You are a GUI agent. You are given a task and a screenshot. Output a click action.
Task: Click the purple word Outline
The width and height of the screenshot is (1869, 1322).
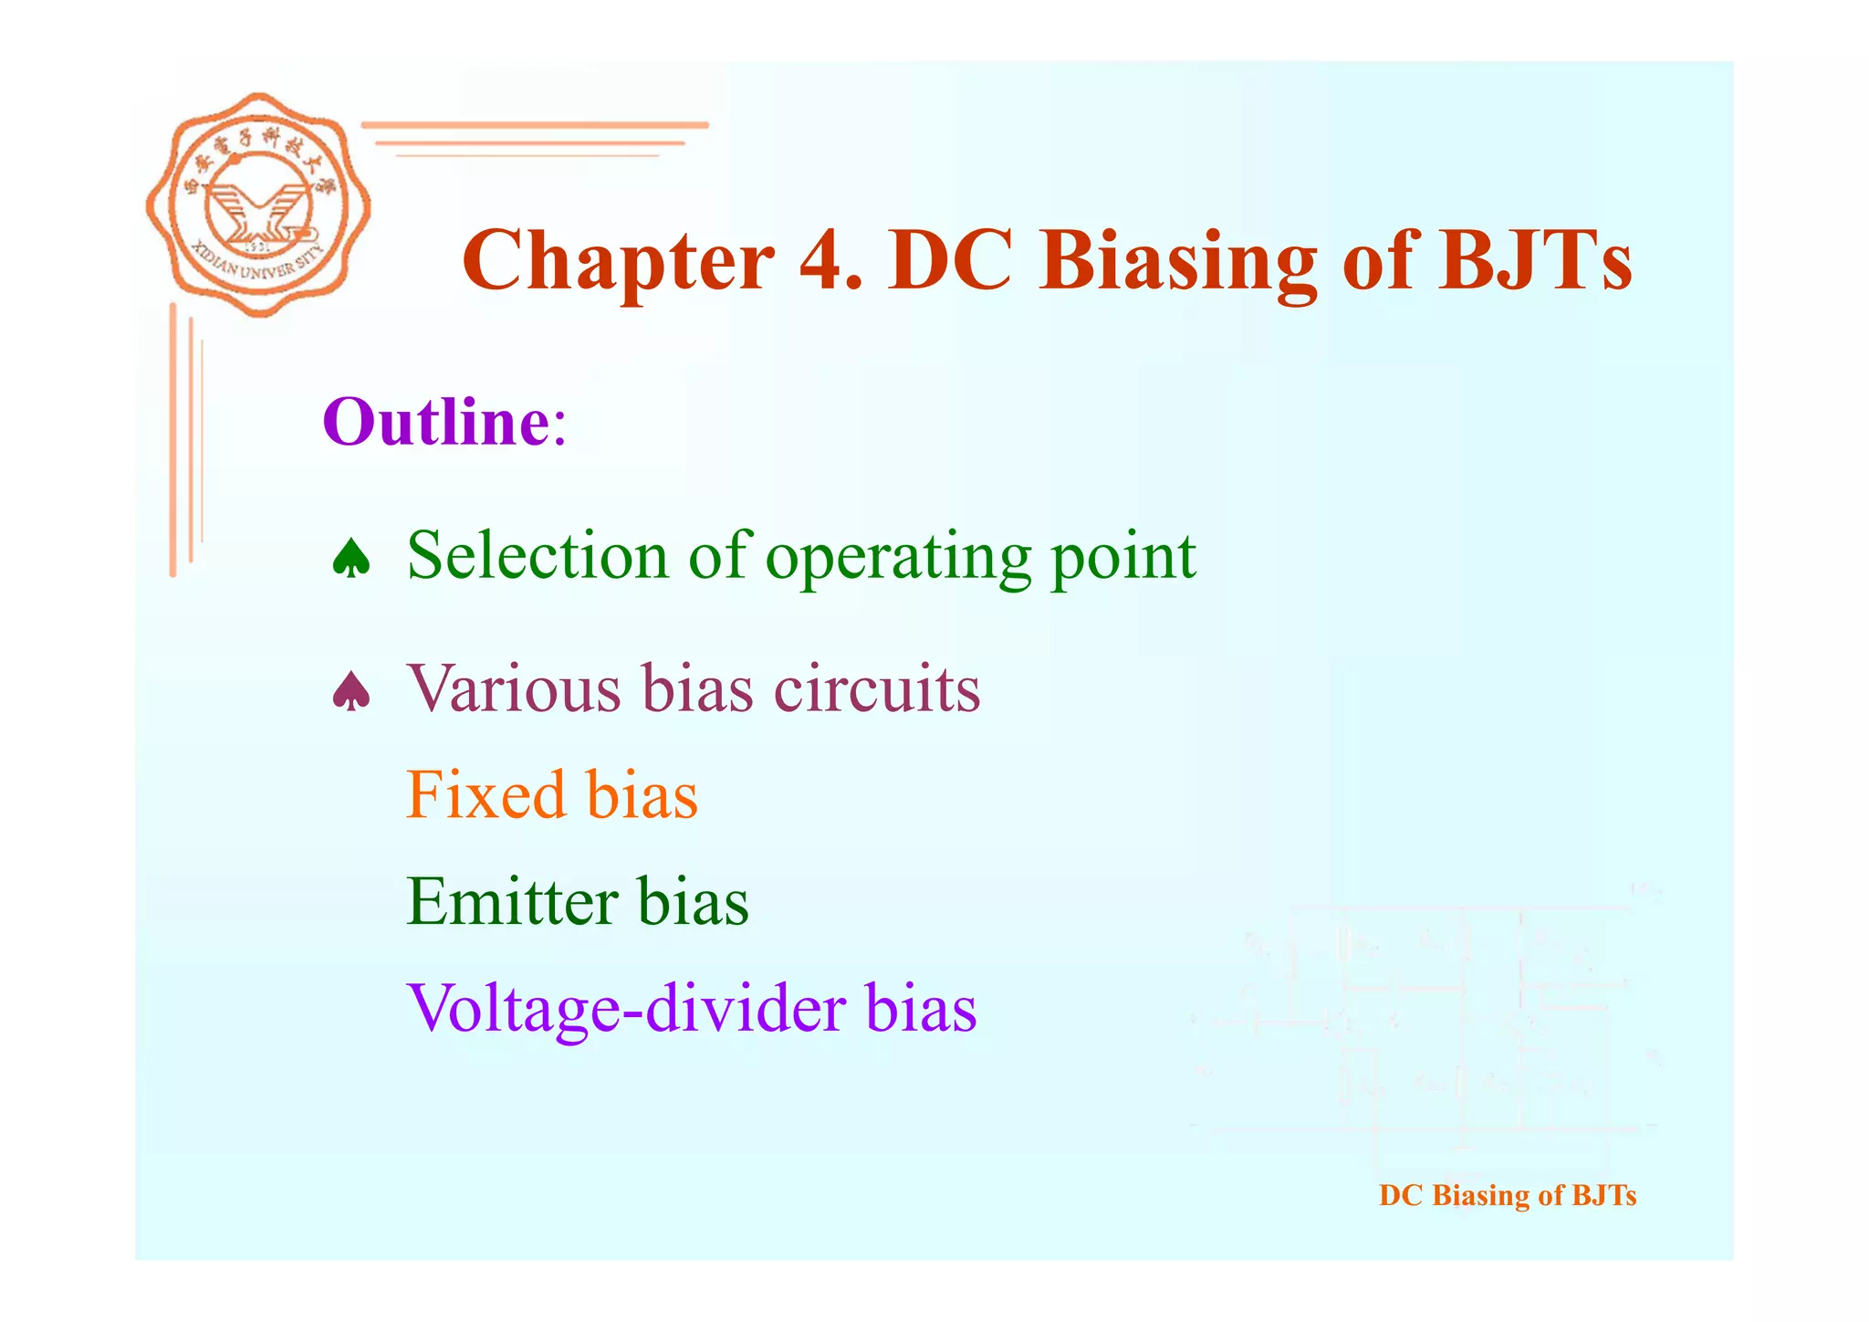[436, 423]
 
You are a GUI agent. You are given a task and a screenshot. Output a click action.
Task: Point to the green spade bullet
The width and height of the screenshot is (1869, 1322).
[351, 559]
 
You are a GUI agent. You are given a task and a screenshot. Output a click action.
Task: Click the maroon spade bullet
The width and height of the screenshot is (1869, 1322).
[351, 692]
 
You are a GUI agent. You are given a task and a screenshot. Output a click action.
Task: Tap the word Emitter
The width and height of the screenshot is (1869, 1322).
[511, 902]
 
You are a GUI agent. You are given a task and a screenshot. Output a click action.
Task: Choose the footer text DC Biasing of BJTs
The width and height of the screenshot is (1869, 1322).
[1507, 1195]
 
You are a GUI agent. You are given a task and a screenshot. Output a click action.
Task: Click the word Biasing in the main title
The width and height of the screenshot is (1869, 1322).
[1177, 262]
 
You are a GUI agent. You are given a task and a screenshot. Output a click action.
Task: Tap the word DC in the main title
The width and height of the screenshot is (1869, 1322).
[949, 262]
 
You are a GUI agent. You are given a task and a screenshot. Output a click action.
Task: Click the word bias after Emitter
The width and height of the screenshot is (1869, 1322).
[693, 902]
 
